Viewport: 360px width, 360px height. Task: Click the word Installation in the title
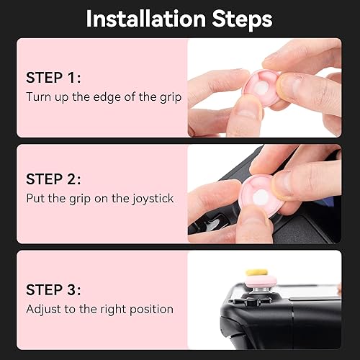pyautogui.click(x=140, y=19)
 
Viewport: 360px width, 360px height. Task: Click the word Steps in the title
pyautogui.click(x=235, y=19)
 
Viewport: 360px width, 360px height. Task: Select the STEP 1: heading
pyautogui.click(x=54, y=77)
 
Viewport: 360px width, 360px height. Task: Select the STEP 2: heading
pyautogui.click(x=54, y=179)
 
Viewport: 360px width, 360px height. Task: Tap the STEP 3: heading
pyautogui.click(x=54, y=289)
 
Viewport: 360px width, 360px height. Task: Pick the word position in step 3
pyautogui.click(x=150, y=309)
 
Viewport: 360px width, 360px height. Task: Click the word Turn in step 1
pyautogui.click(x=38, y=96)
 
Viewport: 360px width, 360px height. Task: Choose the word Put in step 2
pyautogui.click(x=35, y=198)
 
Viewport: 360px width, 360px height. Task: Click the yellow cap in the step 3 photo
pyautogui.click(x=257, y=273)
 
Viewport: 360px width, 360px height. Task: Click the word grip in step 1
pyautogui.click(x=165, y=96)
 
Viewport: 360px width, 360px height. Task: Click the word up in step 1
pyautogui.click(x=61, y=96)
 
